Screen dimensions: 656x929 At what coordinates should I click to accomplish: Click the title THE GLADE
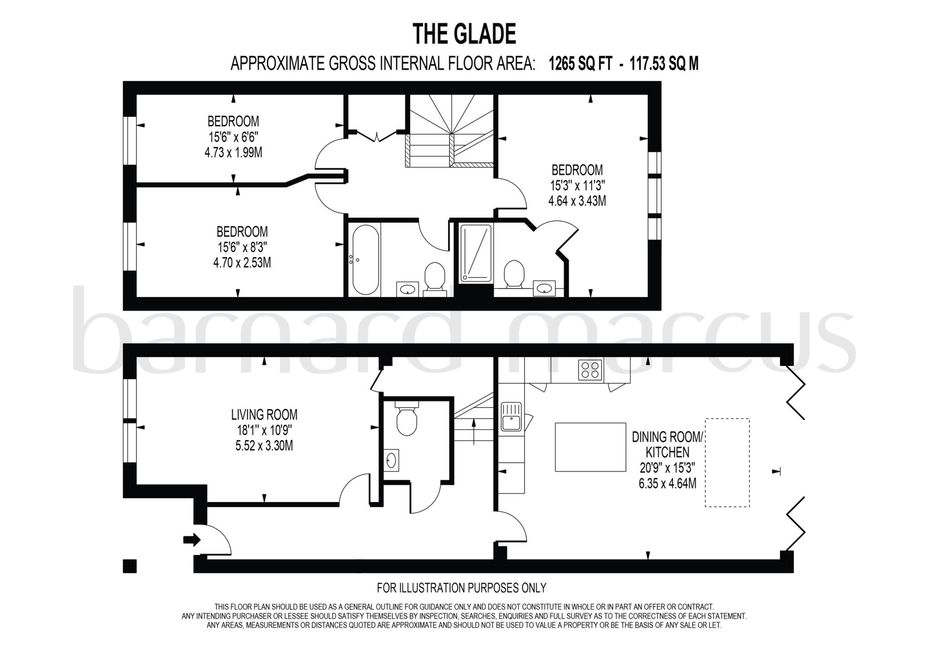pos(464,34)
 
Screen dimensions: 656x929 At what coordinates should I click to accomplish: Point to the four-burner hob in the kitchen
pos(590,369)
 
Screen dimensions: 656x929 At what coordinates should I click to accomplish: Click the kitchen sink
pos(511,416)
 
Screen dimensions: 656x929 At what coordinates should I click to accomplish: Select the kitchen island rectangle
pos(590,447)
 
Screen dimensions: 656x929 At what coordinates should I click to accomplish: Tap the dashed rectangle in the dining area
pos(727,462)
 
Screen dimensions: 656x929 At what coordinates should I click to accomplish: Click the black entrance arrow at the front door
pos(191,540)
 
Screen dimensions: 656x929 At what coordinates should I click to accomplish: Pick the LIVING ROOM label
pos(264,414)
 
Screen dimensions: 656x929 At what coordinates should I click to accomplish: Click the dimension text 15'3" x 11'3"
pos(577,186)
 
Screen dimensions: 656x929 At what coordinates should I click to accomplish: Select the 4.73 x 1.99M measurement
pos(233,152)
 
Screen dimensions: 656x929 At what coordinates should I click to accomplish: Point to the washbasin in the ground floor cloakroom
pos(391,460)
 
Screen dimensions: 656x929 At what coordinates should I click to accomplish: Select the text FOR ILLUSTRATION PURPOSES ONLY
pos(461,588)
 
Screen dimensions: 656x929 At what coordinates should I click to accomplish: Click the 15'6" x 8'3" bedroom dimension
pos(242,247)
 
